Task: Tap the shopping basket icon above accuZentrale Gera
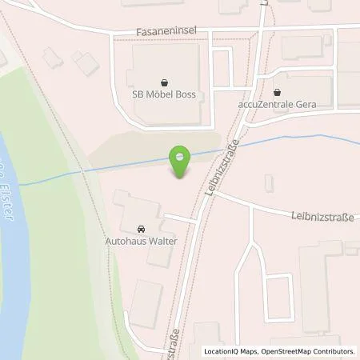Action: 278,92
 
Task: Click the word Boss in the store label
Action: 185,94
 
